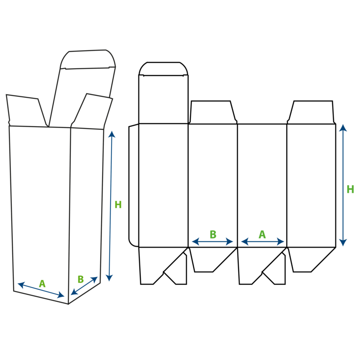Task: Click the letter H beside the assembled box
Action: click(118, 205)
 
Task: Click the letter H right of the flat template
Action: click(350, 189)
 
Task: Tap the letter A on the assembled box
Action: click(42, 284)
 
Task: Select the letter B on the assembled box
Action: click(81, 279)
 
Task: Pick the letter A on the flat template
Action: click(262, 234)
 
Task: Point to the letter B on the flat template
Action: click(213, 234)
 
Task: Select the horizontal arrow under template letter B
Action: click(213, 242)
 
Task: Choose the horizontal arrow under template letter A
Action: click(262, 242)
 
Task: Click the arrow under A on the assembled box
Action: click(41, 291)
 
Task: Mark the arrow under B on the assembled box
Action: click(84, 286)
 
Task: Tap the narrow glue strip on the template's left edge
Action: click(134, 184)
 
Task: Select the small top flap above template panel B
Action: click(213, 113)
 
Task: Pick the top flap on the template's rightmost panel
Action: click(311, 113)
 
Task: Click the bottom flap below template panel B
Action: click(208, 258)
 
